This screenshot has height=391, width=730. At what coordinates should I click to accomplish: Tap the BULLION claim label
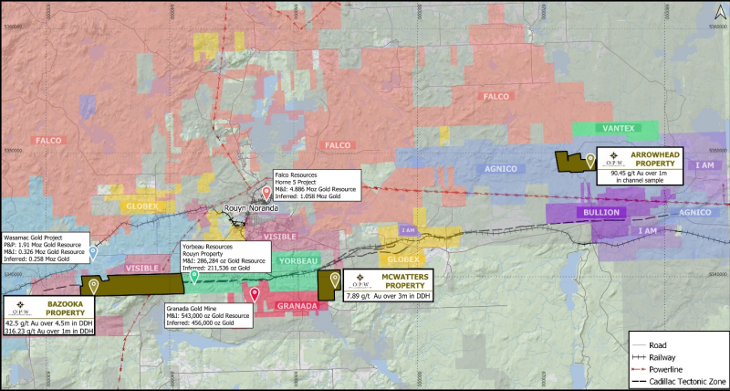pos(598,212)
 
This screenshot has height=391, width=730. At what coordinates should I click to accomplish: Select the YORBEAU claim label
pos(294,260)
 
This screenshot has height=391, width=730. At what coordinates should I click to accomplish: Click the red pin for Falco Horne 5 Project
pos(266,193)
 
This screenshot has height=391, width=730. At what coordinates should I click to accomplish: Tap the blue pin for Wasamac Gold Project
pos(93,249)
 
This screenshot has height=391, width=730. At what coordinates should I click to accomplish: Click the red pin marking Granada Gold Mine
pos(254,293)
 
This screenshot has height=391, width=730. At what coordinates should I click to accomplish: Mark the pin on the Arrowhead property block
pos(590,160)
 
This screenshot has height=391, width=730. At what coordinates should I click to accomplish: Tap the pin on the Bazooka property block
pos(93,286)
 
